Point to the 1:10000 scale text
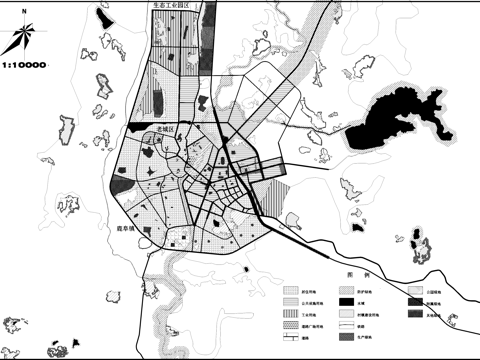(x=26, y=65)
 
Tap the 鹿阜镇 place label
(x=121, y=229)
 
